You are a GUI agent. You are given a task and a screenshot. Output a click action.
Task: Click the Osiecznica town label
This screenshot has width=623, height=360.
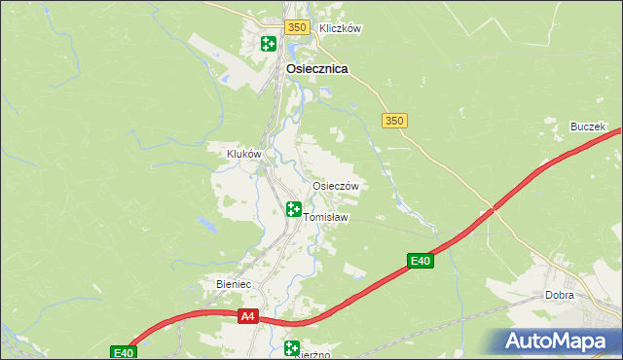click(x=317, y=69)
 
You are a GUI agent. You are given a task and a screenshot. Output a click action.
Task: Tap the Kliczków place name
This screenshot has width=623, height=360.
click(x=340, y=28)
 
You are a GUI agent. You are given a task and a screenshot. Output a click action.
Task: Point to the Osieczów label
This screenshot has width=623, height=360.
click(x=336, y=186)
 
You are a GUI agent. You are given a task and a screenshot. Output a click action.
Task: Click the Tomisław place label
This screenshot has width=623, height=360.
click(x=326, y=217)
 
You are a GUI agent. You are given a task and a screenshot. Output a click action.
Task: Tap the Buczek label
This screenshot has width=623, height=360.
click(x=588, y=127)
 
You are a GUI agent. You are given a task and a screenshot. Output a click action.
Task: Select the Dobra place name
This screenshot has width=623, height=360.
click(x=560, y=295)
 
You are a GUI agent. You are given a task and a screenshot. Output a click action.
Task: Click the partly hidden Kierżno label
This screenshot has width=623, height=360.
click(x=314, y=354)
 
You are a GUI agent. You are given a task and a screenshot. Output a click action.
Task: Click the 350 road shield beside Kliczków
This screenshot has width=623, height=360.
click(x=298, y=28)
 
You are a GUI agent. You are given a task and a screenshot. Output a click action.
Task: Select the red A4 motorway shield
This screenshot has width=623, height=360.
click(x=248, y=316)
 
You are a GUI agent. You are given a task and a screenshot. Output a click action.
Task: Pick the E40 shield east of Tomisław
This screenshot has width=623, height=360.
click(x=420, y=261)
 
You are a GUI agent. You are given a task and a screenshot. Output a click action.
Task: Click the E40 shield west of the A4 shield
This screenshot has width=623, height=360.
click(x=122, y=352)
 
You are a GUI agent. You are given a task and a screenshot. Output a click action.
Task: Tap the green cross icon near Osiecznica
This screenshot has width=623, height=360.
click(x=268, y=43)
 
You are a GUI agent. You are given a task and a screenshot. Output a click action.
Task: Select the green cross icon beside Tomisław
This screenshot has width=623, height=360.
click(x=294, y=208)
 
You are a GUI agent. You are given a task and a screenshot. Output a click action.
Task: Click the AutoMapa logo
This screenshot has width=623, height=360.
click(x=556, y=342)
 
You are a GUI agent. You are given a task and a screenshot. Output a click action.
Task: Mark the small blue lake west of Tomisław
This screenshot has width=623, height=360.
click(x=207, y=225)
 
